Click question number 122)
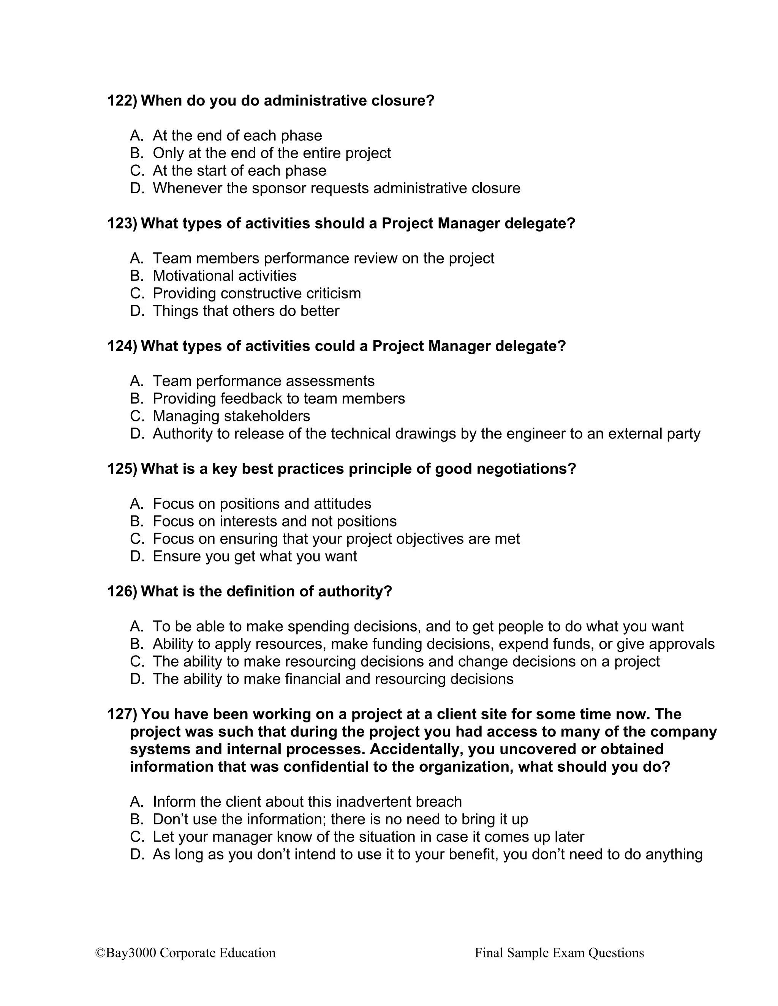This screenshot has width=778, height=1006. pyautogui.click(x=122, y=101)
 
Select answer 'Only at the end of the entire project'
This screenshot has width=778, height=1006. pyautogui.click(x=272, y=153)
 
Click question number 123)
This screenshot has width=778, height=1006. pyautogui.click(x=122, y=223)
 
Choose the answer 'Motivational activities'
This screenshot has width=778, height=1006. pyautogui.click(x=225, y=276)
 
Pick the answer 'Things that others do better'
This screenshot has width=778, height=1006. pyautogui.click(x=246, y=311)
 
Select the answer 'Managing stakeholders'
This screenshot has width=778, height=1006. pyautogui.click(x=231, y=416)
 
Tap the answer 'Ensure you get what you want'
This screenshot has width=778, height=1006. pyautogui.click(x=255, y=557)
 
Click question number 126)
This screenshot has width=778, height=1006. pyautogui.click(x=122, y=591)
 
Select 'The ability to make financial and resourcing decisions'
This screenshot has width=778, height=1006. pyautogui.click(x=333, y=679)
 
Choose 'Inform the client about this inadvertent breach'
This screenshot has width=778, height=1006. pyautogui.click(x=307, y=802)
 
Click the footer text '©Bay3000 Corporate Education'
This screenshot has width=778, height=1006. pyautogui.click(x=185, y=952)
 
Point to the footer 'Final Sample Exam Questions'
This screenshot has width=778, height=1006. pyautogui.click(x=559, y=952)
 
